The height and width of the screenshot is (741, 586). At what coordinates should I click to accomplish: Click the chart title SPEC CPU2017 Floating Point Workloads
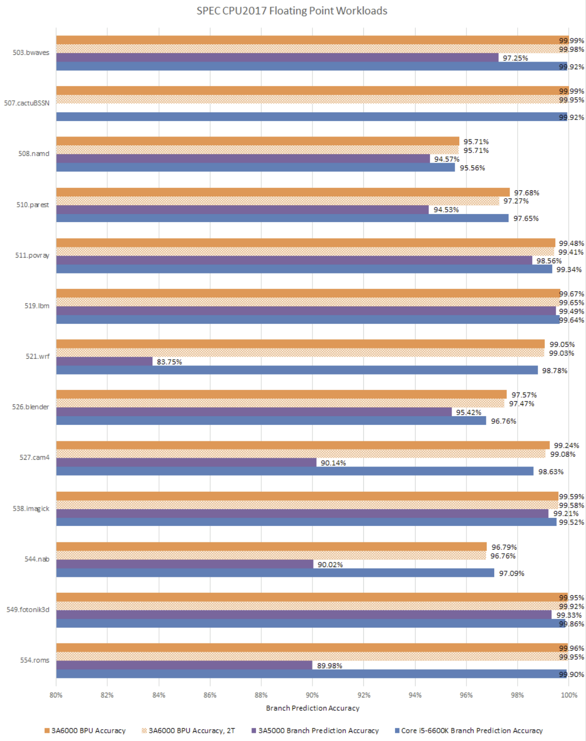coord(291,11)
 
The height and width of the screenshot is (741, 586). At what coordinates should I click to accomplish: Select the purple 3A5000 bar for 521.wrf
coord(104,362)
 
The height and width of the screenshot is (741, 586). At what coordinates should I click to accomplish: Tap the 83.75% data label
coord(169,362)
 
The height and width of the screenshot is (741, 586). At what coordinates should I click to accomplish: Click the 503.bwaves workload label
coord(31,52)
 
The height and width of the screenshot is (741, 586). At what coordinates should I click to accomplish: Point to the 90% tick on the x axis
coord(312,695)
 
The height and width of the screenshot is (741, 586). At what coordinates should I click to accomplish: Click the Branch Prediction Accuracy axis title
coord(312,708)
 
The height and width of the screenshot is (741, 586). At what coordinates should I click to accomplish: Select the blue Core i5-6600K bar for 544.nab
coord(275,573)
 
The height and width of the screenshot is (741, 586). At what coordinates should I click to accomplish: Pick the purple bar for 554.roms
coord(184,665)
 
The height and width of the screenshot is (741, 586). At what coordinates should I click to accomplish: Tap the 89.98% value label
coord(329,666)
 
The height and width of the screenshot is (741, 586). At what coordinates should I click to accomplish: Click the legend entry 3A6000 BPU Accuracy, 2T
coord(188,730)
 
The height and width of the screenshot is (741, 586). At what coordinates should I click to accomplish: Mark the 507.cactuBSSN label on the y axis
coord(27,103)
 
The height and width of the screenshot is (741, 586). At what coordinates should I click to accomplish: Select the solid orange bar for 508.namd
coord(257,141)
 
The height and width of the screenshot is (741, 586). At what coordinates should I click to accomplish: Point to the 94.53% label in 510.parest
coord(446,209)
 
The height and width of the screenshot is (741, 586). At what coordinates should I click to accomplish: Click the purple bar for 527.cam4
coord(186,462)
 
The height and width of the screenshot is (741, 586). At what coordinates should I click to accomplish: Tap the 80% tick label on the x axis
coord(56,695)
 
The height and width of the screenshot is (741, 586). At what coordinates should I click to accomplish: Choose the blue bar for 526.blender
coord(270,421)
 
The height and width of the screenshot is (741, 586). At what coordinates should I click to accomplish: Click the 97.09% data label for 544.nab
coord(512,573)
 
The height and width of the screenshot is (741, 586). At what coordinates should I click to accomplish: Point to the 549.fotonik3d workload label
coord(28,610)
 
